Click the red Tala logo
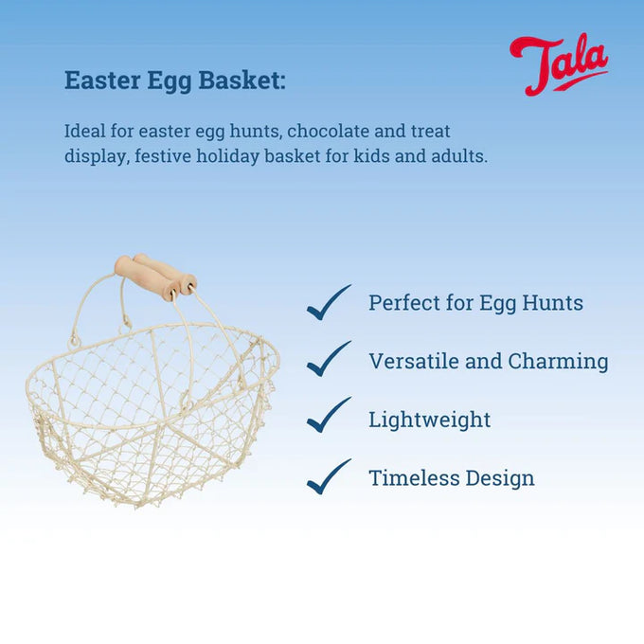pyautogui.click(x=558, y=63)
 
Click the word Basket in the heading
pyautogui.click(x=241, y=80)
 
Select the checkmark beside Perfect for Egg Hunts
pyautogui.click(x=329, y=303)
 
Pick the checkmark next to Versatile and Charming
pyautogui.click(x=329, y=360)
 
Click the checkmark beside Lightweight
pyautogui.click(x=329, y=417)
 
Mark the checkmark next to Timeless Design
pyautogui.click(x=329, y=476)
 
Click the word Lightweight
pyautogui.click(x=429, y=420)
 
